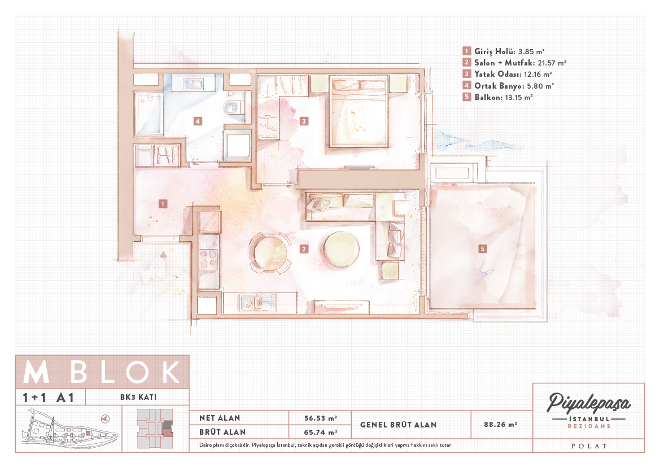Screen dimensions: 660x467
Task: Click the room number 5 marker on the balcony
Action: (482, 249)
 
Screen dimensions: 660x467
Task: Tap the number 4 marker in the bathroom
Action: (198, 121)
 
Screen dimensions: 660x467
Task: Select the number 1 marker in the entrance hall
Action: (163, 204)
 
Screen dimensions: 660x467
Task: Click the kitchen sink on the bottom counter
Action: (257, 302)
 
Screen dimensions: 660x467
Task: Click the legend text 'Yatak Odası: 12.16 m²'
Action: (513, 74)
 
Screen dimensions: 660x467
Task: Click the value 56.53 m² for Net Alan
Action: (320, 418)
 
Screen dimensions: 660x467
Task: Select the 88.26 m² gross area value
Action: (500, 425)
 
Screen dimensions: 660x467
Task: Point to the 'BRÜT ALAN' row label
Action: (222, 432)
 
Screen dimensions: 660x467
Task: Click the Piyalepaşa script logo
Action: (588, 403)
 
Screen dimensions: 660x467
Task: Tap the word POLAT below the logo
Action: (589, 446)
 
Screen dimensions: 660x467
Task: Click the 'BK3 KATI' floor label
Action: (138, 397)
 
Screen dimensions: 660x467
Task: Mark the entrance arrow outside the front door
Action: (163, 254)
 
